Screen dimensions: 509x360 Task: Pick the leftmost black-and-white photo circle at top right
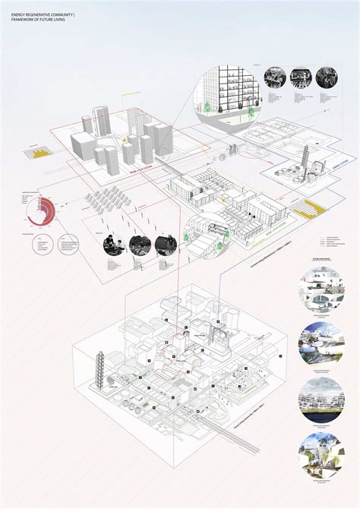275,77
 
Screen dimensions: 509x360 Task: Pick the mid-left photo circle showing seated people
114,244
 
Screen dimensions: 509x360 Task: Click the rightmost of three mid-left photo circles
166,244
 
